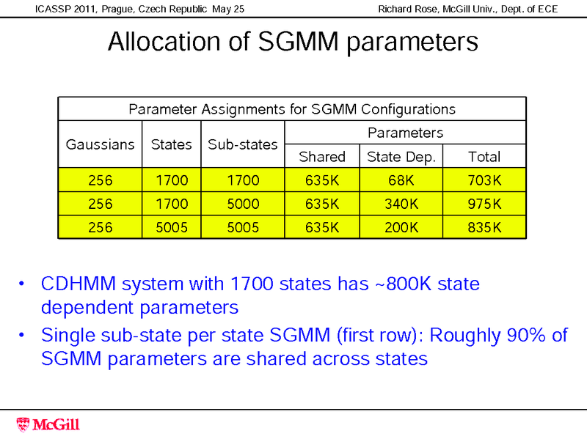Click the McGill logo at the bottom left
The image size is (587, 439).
click(48, 424)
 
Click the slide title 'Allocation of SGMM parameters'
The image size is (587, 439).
click(293, 42)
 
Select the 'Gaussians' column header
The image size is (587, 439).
click(101, 144)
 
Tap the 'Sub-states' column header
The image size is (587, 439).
click(242, 144)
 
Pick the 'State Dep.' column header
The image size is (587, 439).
click(401, 156)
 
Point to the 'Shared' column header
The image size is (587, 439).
click(321, 156)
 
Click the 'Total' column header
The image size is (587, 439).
click(484, 156)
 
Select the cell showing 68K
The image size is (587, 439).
click(401, 180)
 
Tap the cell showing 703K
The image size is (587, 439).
click(484, 180)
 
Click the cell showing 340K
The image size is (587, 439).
click(401, 203)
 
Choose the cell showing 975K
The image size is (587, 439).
click(484, 203)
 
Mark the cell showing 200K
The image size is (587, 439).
click(401, 227)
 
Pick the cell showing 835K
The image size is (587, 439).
click(484, 227)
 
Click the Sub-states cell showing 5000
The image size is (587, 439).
click(242, 203)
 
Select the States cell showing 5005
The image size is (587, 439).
click(171, 227)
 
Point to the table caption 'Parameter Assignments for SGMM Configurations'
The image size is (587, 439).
click(292, 109)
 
